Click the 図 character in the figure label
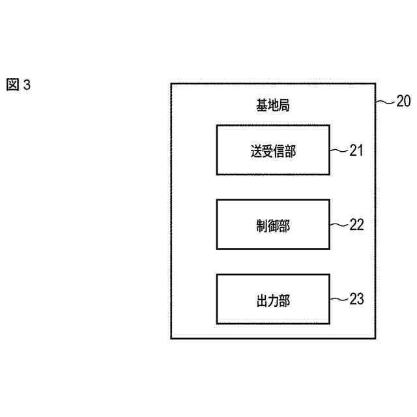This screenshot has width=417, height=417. point(13,85)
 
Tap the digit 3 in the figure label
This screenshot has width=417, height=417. point(27,85)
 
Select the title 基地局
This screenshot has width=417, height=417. point(273,104)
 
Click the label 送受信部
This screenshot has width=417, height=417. point(273,151)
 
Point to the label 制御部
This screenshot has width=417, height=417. point(273,225)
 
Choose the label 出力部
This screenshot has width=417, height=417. point(273,300)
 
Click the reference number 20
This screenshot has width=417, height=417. point(403,101)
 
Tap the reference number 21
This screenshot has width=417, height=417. point(356,151)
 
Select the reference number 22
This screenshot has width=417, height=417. point(356,225)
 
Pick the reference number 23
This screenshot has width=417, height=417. point(356,299)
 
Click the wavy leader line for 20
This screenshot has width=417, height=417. point(386,102)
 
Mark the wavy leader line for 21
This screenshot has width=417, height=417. point(339,151)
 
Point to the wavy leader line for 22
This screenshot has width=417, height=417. point(339,225)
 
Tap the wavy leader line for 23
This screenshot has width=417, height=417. point(339,300)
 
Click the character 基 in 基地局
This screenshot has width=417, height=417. point(260,104)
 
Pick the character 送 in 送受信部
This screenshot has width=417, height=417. point(254,151)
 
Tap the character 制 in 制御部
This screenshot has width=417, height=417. point(260,225)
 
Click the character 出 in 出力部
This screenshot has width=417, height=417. point(260,300)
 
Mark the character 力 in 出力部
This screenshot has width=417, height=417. point(273,300)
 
